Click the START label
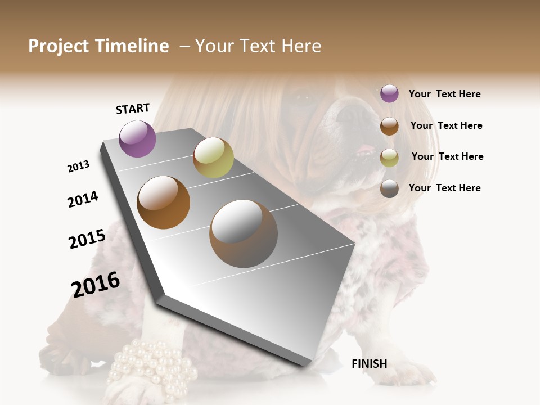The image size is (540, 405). (x=133, y=109)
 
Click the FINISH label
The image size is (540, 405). (x=370, y=364)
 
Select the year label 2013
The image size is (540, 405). (x=78, y=166)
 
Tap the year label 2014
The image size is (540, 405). (x=83, y=199)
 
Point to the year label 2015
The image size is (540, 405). (x=87, y=239)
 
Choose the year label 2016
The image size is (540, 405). (x=96, y=285)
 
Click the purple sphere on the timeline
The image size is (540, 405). (x=137, y=139)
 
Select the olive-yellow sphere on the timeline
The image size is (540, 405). (x=213, y=157)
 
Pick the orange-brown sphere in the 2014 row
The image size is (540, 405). (x=163, y=202)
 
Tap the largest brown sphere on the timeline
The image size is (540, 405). (x=243, y=233)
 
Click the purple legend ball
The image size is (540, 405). (x=389, y=94)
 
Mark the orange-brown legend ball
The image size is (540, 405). (x=389, y=126)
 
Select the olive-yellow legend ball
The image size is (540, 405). (x=389, y=157)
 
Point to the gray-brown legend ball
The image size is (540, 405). (x=389, y=188)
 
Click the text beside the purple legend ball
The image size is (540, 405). (x=444, y=94)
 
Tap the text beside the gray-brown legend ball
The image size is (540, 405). (x=444, y=188)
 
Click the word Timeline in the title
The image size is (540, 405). (x=132, y=46)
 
